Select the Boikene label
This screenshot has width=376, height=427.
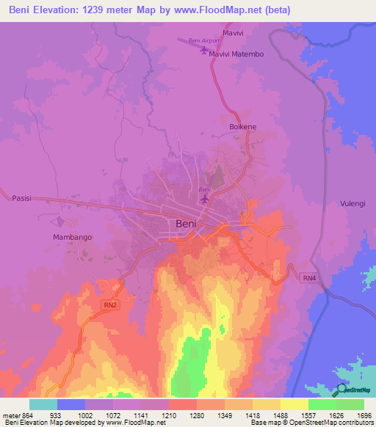click(x=243, y=126)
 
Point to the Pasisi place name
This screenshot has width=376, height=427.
click(x=23, y=198)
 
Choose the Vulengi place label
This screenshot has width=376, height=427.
click(x=353, y=203)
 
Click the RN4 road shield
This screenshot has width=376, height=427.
click(x=308, y=277)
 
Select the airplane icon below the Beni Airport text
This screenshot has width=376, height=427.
click(x=204, y=50)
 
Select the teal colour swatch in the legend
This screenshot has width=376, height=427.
click(x=43, y=404)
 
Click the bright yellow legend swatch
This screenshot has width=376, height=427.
click(x=294, y=404)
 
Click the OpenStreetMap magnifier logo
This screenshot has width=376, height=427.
click(x=341, y=390)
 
